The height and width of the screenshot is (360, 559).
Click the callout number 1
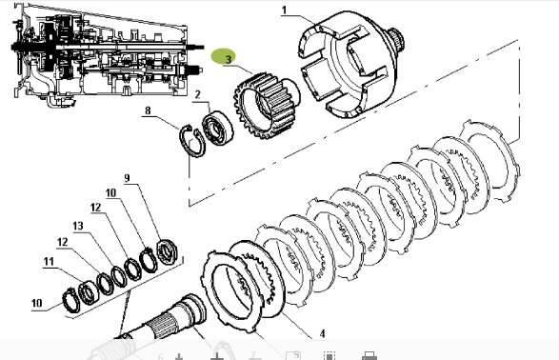pos(284,10)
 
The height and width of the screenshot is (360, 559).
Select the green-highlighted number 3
pos(229,59)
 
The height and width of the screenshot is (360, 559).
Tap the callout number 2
pos(197,95)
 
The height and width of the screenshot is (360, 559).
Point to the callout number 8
pos(148,110)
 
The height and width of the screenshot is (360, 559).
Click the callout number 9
pos(127,178)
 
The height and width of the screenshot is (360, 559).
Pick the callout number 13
pos(78,226)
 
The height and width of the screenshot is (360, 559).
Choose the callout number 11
pos(49,262)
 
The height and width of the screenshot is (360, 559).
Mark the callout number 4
pos(322,333)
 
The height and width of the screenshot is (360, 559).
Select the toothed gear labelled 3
pos(265,106)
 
